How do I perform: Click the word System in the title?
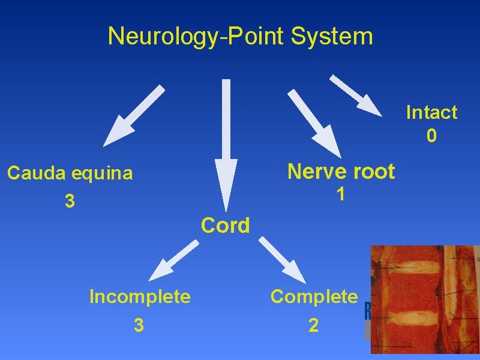(x=332, y=36)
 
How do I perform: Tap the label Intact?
(x=431, y=112)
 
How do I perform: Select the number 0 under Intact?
(x=431, y=136)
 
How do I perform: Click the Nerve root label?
(x=341, y=172)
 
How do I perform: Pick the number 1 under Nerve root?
(x=340, y=194)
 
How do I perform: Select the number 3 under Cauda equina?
(x=70, y=202)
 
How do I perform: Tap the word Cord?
(x=226, y=226)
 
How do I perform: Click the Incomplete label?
(x=140, y=296)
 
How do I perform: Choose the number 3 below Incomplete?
(x=139, y=325)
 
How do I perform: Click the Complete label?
(x=314, y=296)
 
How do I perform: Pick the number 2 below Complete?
(x=313, y=325)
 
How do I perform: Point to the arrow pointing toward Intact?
(x=355, y=95)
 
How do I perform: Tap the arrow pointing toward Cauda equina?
(x=134, y=115)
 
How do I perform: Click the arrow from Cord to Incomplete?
(x=174, y=260)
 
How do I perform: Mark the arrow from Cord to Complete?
(x=282, y=259)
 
